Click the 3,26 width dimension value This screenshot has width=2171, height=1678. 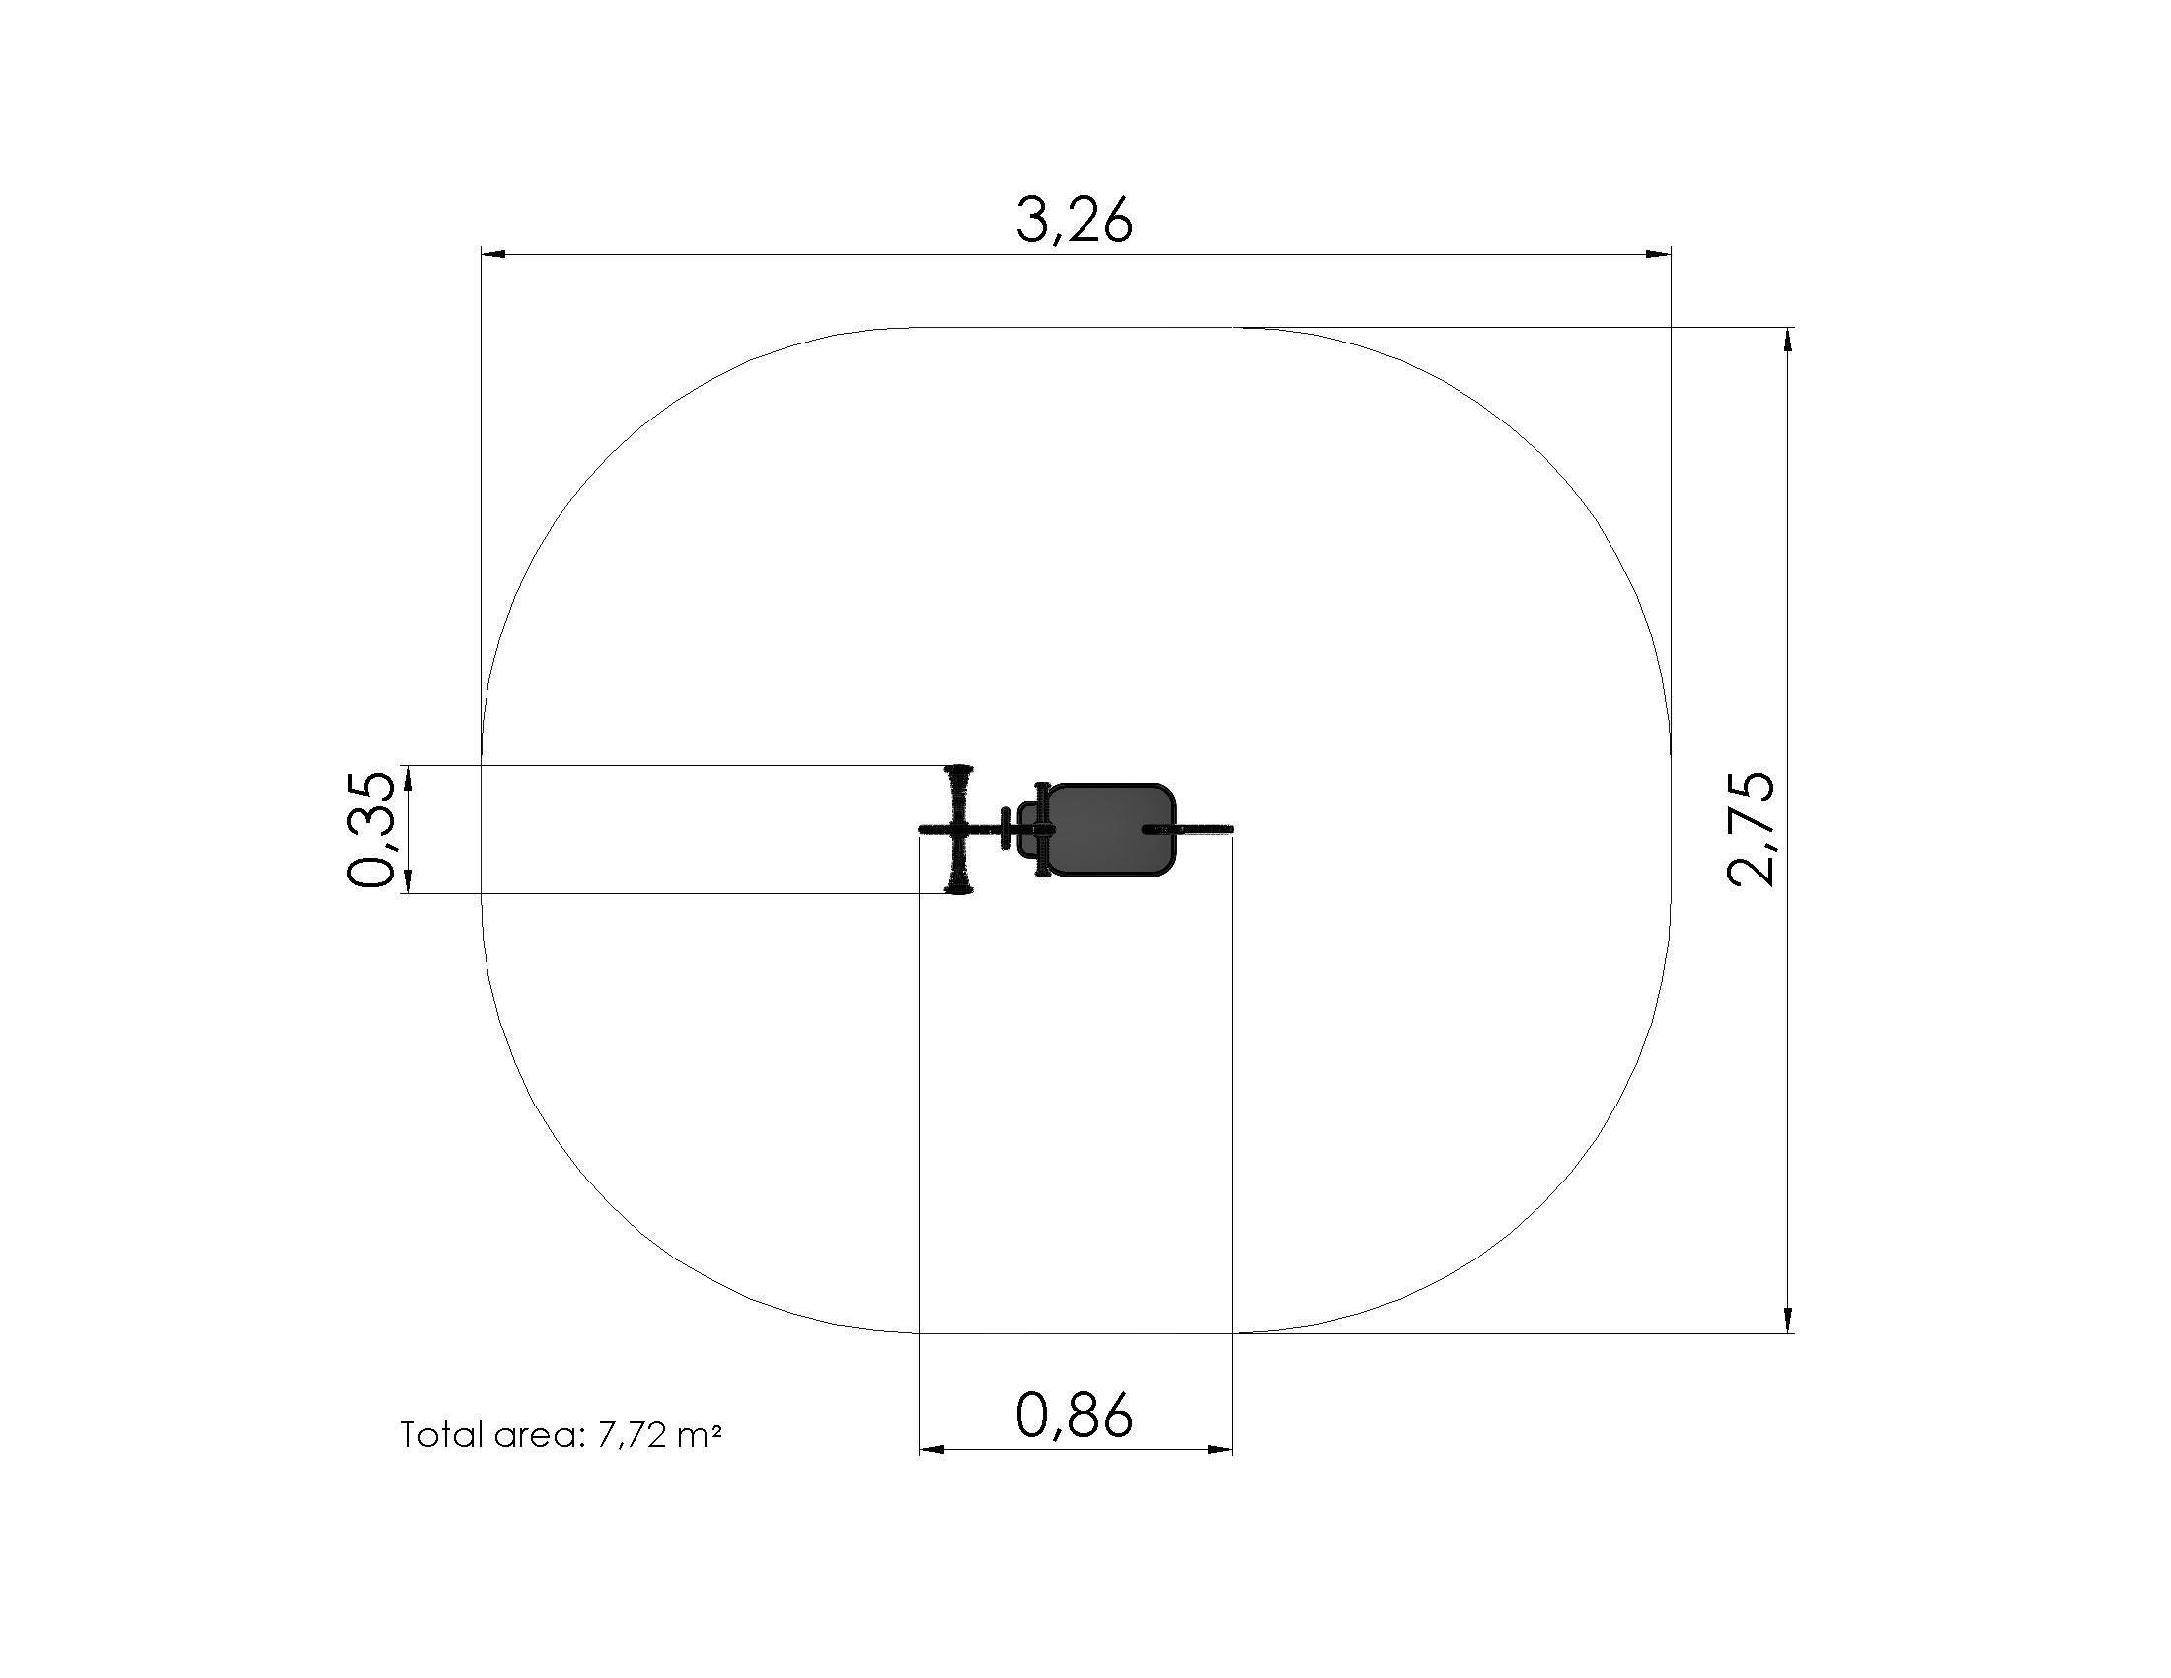[x=1074, y=221]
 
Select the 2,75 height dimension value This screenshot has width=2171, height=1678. [x=1752, y=828]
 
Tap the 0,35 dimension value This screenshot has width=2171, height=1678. [x=371, y=829]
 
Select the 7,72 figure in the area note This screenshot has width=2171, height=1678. [x=632, y=1435]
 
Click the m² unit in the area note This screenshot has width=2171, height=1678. [x=700, y=1434]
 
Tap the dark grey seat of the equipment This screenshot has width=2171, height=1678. [x=1110, y=830]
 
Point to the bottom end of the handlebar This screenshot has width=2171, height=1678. [x=959, y=889]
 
